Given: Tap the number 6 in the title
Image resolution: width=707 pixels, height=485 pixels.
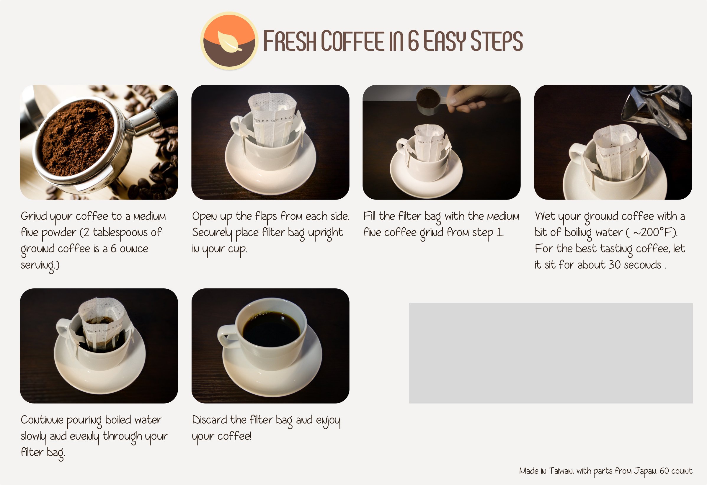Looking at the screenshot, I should point(413,41).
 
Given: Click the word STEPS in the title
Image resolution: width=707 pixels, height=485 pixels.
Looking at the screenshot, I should point(496,41).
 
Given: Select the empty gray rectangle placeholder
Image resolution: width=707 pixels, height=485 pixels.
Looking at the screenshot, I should point(551,353).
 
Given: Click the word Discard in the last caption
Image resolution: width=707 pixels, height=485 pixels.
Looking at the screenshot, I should point(210,420).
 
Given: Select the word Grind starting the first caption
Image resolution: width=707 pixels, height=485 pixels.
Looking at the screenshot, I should point(33,216).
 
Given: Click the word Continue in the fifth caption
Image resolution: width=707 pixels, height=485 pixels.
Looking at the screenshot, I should point(42,420).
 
